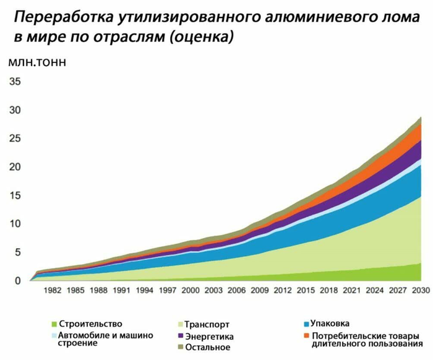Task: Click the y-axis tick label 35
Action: click(14, 81)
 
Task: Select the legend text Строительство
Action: click(90, 324)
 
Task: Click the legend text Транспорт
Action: click(207, 324)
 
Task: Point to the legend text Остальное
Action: click(208, 347)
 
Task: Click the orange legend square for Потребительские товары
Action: click(305, 335)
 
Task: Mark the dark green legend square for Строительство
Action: click(54, 324)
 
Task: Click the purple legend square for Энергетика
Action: click(179, 336)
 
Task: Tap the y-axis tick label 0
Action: click(17, 281)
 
